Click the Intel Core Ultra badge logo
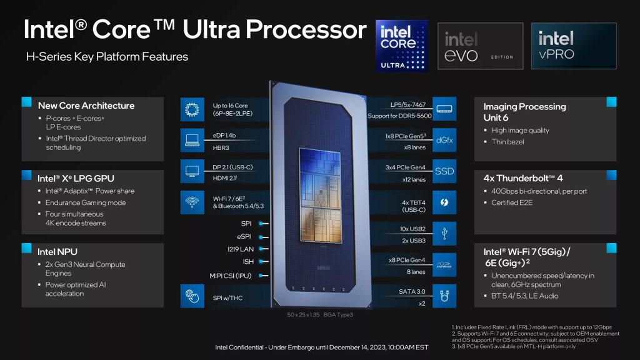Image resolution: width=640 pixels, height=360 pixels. (401, 45)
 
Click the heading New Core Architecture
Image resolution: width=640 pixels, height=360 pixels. (86, 106)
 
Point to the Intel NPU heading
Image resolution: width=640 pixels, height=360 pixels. (58, 251)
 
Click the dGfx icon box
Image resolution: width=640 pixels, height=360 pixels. (444, 141)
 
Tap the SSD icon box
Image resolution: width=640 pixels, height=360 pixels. (444, 171)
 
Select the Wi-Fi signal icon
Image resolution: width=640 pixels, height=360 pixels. (191, 202)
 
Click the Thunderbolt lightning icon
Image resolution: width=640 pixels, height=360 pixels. (444, 202)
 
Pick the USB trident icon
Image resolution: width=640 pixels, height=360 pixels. (444, 232)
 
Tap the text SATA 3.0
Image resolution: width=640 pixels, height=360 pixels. (412, 291)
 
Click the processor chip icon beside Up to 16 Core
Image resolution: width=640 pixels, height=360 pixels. (191, 110)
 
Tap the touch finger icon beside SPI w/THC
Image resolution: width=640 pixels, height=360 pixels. (191, 296)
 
